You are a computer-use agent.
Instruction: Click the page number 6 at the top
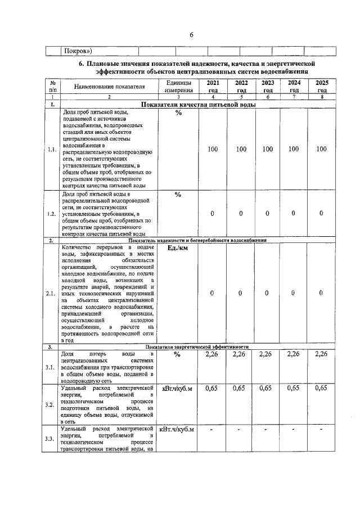tap(191, 35)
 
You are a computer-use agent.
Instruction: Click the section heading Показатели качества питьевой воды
tap(199, 105)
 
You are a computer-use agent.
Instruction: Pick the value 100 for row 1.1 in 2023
tap(267, 149)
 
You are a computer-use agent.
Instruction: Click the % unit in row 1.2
tap(178, 195)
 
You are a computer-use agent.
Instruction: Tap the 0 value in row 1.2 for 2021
tap(212, 213)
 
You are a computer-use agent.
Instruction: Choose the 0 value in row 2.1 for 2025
tap(321, 293)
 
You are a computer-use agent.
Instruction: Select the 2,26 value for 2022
tap(239, 354)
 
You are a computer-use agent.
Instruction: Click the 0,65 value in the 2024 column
tap(293, 388)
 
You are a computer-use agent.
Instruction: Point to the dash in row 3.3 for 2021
tap(212, 430)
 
